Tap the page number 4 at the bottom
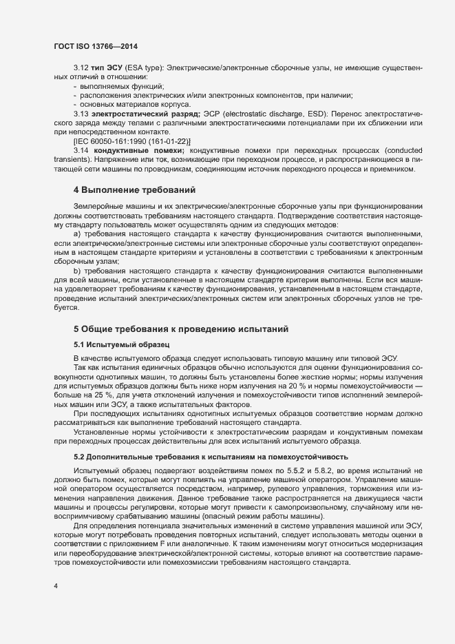pos(56,586)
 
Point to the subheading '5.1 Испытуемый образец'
pos(116,344)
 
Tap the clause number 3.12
pos(81,69)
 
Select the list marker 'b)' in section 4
pos(78,271)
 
